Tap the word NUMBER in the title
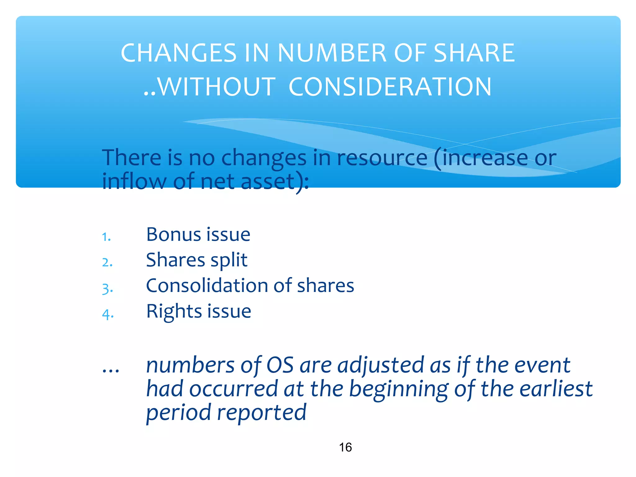332,53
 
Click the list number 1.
106,237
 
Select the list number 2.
107,263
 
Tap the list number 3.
107,289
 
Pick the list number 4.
108,314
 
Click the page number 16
345,447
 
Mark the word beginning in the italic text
399,389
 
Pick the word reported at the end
261,413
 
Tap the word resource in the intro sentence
382,158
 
